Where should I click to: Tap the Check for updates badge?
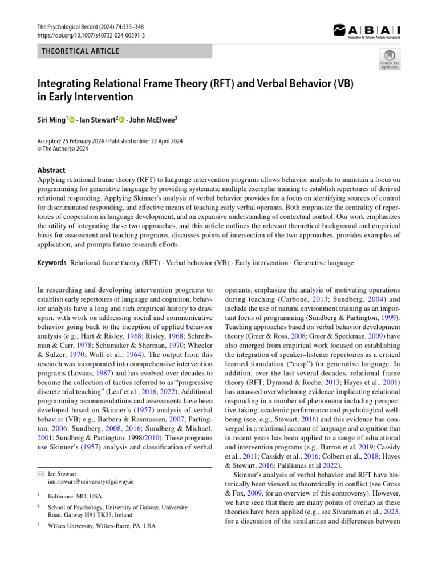pos(390,59)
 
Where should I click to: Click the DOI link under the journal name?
pos(91,35)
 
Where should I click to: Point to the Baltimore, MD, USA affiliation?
pos(75,496)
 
